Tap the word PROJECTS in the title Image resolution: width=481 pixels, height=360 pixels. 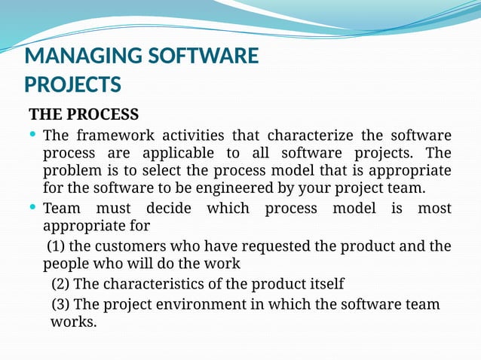coord(72,83)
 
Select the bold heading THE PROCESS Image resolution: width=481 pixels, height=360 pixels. coord(84,115)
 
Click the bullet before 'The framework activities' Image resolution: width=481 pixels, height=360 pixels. coord(33,136)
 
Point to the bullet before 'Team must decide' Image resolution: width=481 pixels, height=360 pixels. coord(33,207)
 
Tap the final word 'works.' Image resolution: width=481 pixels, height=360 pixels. coord(74,322)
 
